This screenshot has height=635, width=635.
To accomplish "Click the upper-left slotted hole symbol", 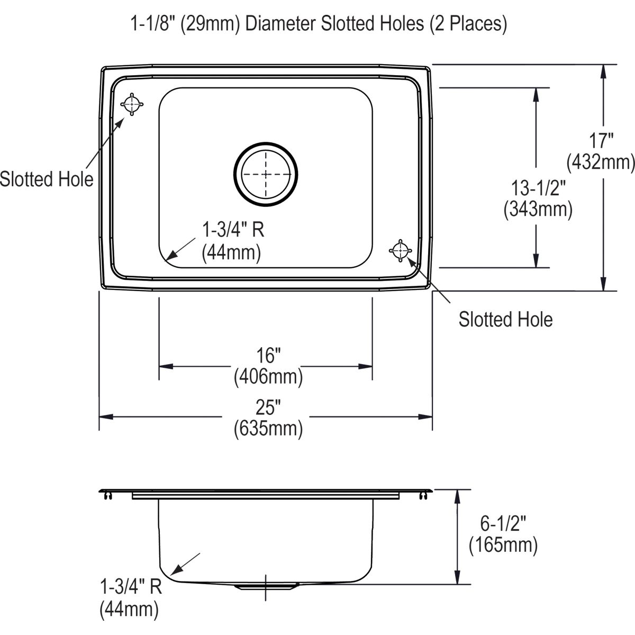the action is [x=132, y=104].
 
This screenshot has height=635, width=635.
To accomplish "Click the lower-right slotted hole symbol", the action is [x=401, y=251].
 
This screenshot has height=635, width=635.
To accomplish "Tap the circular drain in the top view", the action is [x=266, y=174].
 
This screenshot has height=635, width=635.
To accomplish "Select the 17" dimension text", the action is [x=601, y=141].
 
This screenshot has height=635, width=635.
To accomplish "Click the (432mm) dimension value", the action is [x=601, y=162].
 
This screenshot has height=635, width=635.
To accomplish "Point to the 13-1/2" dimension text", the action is [x=538, y=188].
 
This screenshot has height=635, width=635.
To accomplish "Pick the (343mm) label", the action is [x=538, y=210].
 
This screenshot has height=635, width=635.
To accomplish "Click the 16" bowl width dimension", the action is [x=268, y=355].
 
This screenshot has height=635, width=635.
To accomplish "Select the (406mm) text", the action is [x=268, y=377].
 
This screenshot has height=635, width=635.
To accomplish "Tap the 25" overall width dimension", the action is [x=268, y=407].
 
